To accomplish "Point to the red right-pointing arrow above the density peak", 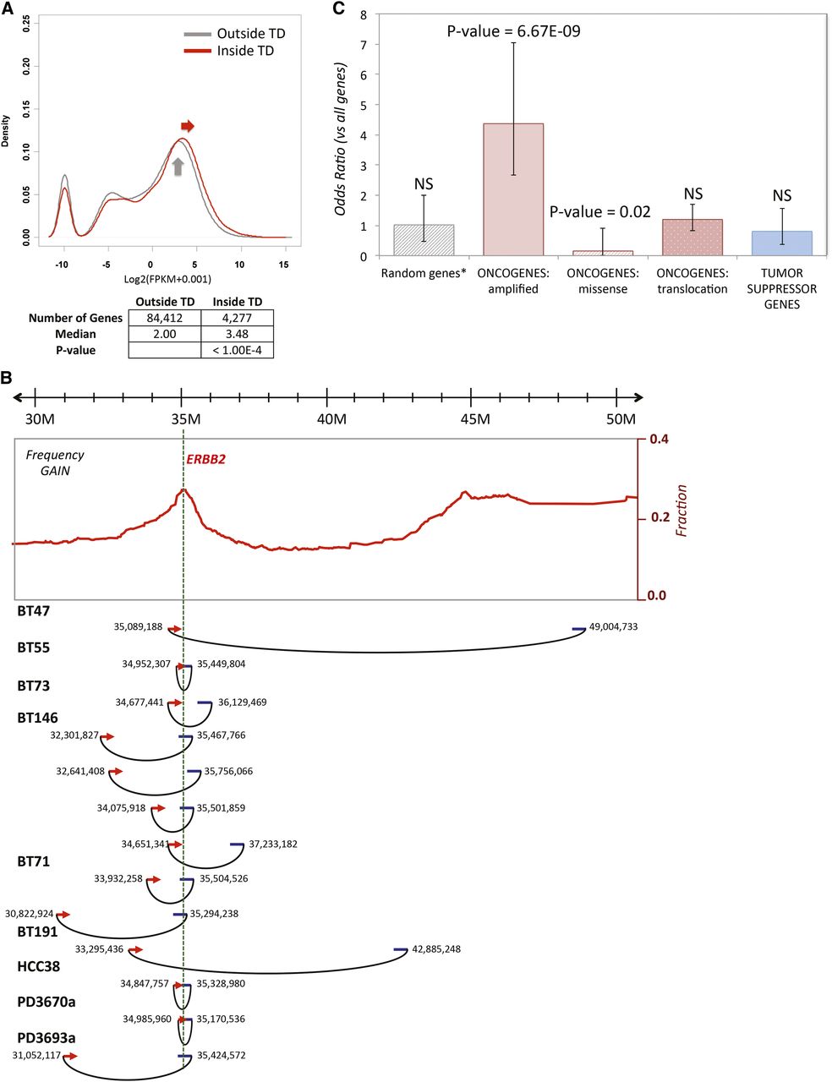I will [x=188, y=127].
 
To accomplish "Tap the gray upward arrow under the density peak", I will [x=178, y=167].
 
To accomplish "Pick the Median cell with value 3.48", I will [x=237, y=334].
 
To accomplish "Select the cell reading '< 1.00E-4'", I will [x=237, y=350].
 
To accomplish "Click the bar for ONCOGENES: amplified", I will [x=512, y=189].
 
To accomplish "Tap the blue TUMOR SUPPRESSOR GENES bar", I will [x=781, y=243].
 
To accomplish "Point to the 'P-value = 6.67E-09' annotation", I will [x=513, y=32].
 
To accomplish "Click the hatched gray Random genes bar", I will [x=424, y=240].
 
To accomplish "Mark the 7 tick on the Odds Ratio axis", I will [x=363, y=45].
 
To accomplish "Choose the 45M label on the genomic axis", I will [x=475, y=420].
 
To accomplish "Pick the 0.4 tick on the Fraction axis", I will [x=658, y=440].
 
